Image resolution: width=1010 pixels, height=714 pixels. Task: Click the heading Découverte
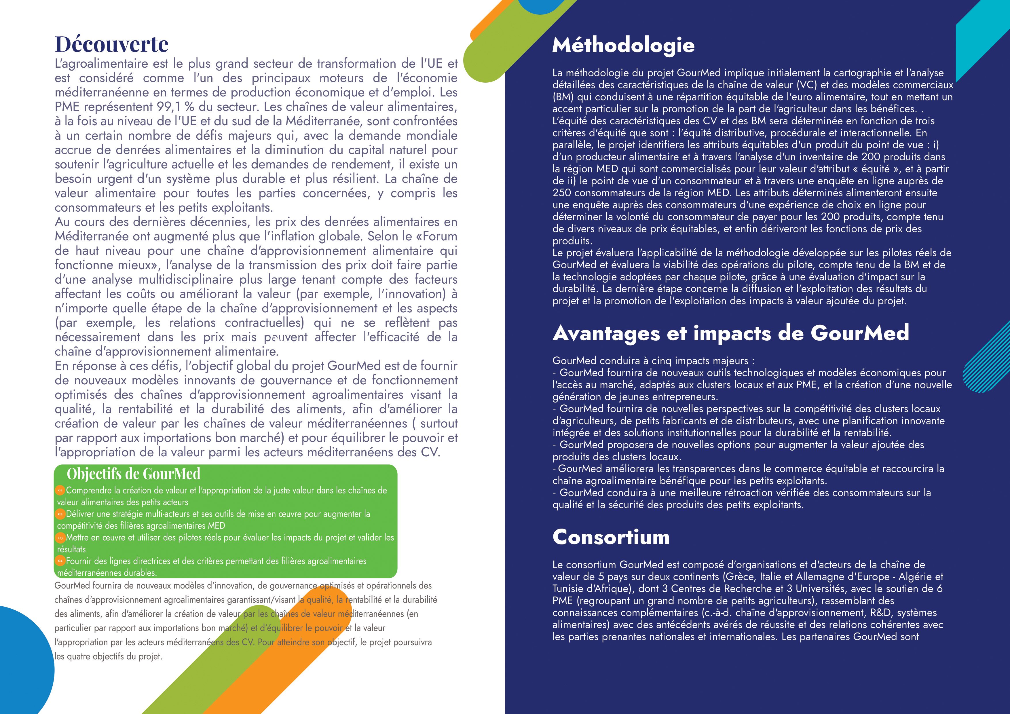pyautogui.click(x=111, y=44)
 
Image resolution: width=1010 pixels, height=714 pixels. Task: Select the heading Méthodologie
pyautogui.click(x=623, y=45)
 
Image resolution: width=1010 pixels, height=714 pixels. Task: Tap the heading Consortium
pyautogui.click(x=611, y=537)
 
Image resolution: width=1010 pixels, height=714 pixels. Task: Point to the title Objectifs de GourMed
pyautogui.click(x=133, y=474)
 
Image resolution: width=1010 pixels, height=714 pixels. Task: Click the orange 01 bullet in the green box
pyautogui.click(x=60, y=490)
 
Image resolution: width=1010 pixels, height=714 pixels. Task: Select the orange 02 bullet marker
pyautogui.click(x=60, y=514)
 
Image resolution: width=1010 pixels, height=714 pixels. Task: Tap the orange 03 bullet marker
pyautogui.click(x=60, y=538)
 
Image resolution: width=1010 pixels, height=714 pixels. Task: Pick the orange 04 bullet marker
pyautogui.click(x=60, y=561)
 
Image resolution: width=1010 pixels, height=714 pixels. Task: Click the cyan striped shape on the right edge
pyautogui.click(x=988, y=358)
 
